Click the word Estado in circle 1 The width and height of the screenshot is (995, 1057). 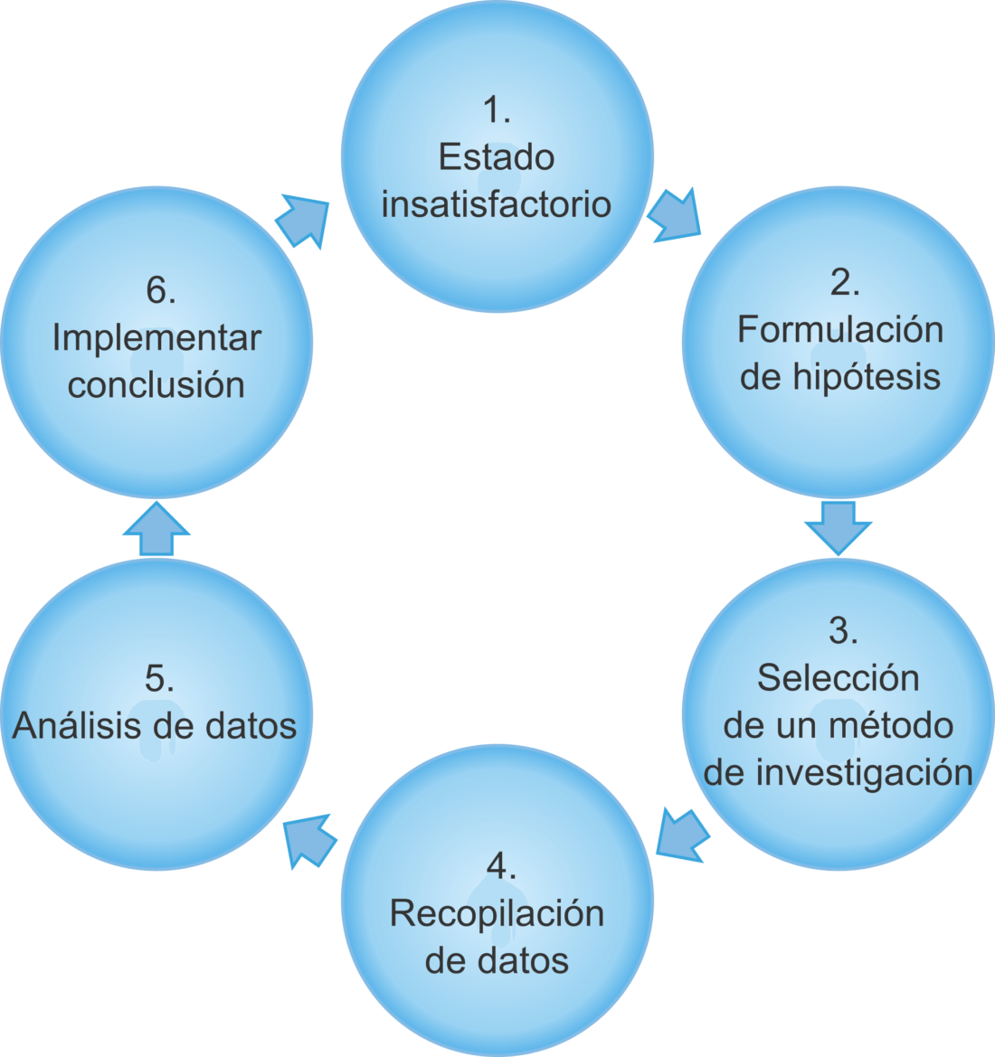pyautogui.click(x=496, y=157)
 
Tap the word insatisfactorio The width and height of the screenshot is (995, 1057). pyautogui.click(x=496, y=204)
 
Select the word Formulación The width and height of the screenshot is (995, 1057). pyautogui.click(x=839, y=329)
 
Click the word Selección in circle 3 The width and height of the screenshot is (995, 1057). pyautogui.click(x=838, y=678)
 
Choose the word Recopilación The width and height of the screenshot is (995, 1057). pyautogui.click(x=497, y=913)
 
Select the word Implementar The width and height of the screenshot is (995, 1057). pyautogui.click(x=156, y=338)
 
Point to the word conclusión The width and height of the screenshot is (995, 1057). pyautogui.click(x=156, y=385)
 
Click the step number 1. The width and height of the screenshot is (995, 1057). pyautogui.click(x=496, y=110)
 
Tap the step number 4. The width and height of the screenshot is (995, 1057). pyautogui.click(x=500, y=866)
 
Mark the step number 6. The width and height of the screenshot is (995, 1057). pyautogui.click(x=160, y=291)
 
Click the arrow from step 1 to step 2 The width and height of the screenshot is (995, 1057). pyautogui.click(x=675, y=216)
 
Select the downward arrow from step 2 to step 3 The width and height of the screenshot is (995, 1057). pyautogui.click(x=839, y=526)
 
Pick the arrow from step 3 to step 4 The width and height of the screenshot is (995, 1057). pyautogui.click(x=682, y=834)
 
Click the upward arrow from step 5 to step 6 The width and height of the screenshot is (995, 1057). pyautogui.click(x=156, y=529)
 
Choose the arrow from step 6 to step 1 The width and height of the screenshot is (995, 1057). pyautogui.click(x=302, y=220)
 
